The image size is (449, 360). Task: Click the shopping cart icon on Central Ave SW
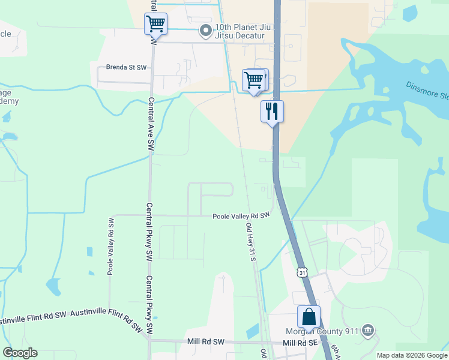[x=155, y=24]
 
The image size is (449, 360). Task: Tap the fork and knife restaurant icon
[x=271, y=111]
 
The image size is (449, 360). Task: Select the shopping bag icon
[x=309, y=317]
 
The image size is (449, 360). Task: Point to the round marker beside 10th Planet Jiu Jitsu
[x=206, y=29]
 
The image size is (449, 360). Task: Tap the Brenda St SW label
[x=127, y=68]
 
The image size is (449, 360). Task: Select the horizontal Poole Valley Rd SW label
[x=241, y=215]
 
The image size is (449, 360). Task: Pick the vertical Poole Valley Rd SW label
[x=110, y=247]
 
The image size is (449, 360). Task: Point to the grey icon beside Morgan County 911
[x=368, y=331]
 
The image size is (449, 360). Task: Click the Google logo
[x=20, y=353]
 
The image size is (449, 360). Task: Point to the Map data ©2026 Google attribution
[x=411, y=355]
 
